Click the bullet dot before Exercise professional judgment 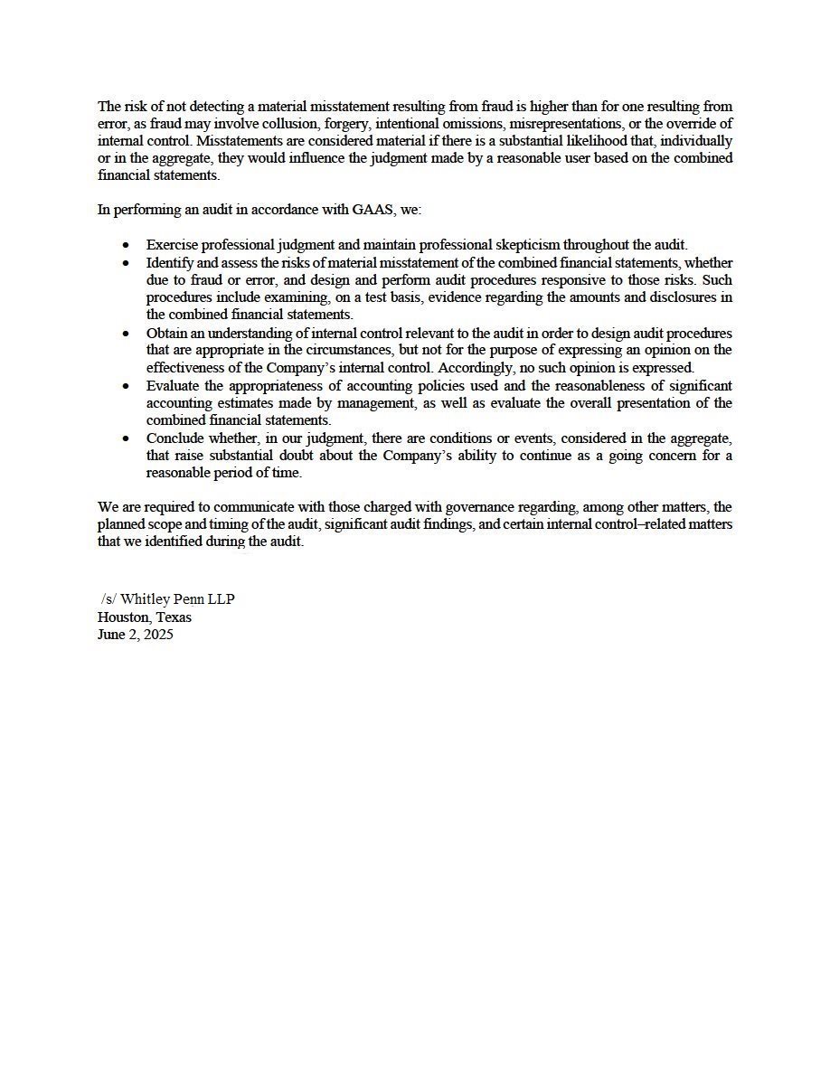pyautogui.click(x=126, y=245)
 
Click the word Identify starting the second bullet pyautogui.click(x=170, y=262)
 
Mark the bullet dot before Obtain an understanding pyautogui.click(x=126, y=333)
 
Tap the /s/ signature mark pyautogui.click(x=108, y=599)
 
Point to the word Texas pyautogui.click(x=174, y=617)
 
